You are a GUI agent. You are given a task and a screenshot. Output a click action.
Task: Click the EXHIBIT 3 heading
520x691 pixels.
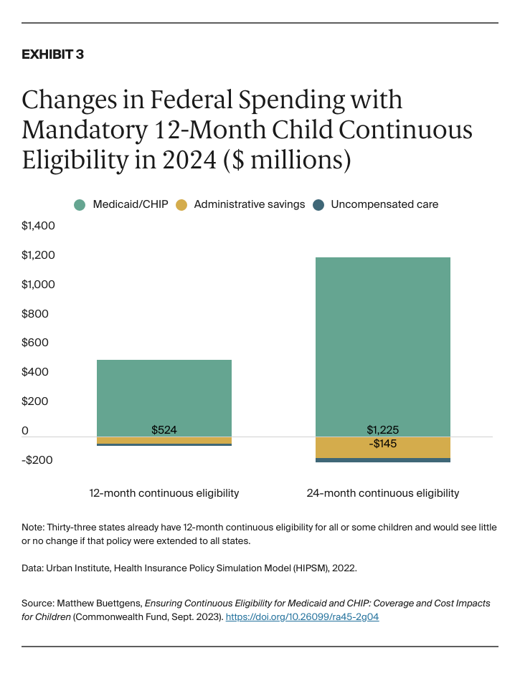[x=52, y=54]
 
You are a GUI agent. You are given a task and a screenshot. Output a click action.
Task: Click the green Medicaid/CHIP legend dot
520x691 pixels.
[x=80, y=204]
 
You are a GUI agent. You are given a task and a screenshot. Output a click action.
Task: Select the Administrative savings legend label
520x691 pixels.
[x=250, y=204]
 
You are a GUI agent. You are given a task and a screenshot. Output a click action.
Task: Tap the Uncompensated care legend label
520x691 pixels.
[x=384, y=204]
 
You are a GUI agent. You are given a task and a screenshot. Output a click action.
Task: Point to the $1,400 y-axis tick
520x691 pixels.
[x=39, y=226]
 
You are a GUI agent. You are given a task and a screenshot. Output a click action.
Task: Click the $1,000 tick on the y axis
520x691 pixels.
[x=39, y=285]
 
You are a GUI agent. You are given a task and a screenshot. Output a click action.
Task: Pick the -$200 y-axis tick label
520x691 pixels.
[x=37, y=459]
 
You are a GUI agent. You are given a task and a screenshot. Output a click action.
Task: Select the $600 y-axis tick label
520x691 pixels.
[x=35, y=343]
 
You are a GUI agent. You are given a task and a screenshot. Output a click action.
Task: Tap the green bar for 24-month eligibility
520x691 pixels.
[x=383, y=344]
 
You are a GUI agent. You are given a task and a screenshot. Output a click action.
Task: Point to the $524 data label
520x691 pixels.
[x=164, y=430]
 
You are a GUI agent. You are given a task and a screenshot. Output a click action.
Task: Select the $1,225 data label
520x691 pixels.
[x=383, y=430]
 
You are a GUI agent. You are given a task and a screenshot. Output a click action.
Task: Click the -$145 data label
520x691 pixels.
[x=383, y=444]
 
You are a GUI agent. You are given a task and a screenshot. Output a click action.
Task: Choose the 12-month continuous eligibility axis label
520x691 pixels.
[x=164, y=493]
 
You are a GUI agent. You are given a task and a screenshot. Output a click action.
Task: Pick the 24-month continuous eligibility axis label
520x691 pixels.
[x=383, y=493]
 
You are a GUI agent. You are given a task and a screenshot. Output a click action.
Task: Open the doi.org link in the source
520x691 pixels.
[x=302, y=616]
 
